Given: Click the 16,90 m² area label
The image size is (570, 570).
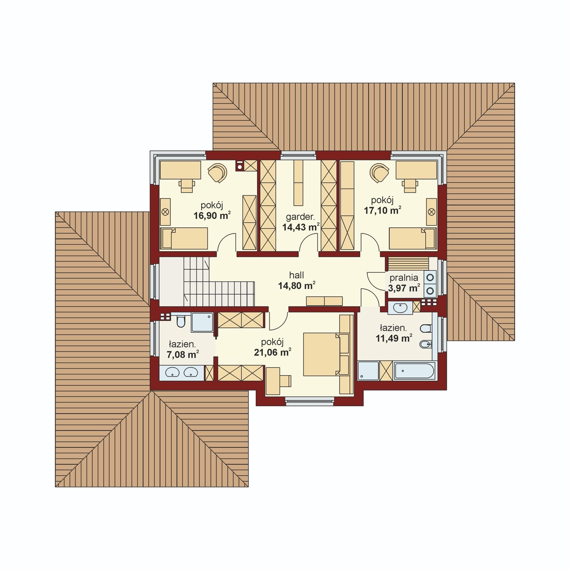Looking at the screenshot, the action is point(212,215).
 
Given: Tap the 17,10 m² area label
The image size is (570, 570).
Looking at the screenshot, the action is point(382,210).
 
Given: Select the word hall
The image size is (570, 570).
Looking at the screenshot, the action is point(296,275).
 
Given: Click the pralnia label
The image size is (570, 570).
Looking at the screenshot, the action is point(404,278).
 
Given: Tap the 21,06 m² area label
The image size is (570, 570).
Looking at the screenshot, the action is point(273,352).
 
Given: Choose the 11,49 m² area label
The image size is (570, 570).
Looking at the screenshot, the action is point(394,338).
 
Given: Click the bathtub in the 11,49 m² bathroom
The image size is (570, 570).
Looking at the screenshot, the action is point(414,371).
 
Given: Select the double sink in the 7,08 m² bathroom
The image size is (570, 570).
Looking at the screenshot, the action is point(182,372).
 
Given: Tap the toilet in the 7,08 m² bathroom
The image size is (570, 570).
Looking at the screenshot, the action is point(181,321).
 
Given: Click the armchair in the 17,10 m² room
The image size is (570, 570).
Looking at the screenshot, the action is point(380,172).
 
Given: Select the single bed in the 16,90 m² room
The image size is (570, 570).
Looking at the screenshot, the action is point(184,239).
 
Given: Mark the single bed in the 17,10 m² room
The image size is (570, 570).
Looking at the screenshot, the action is point(413,239).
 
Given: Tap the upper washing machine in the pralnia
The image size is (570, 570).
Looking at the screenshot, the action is point(430,277).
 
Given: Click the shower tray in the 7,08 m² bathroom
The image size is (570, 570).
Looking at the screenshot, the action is point(202,322).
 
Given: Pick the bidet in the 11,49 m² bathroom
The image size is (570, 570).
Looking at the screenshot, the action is point(426,344).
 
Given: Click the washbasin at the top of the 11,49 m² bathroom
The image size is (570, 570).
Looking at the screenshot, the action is point(400,308).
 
